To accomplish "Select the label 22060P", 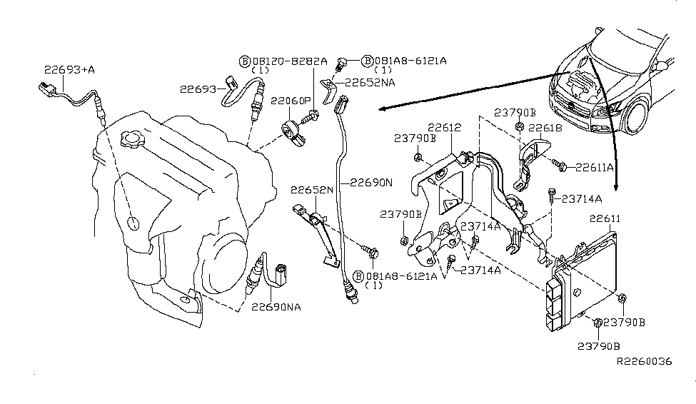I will tap(293, 101).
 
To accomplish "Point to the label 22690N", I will tap(371, 183).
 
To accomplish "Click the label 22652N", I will tap(312, 190).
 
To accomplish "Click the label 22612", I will tap(444, 128).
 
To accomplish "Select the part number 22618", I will tap(545, 128).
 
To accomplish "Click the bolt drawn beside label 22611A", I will tap(562, 166).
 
